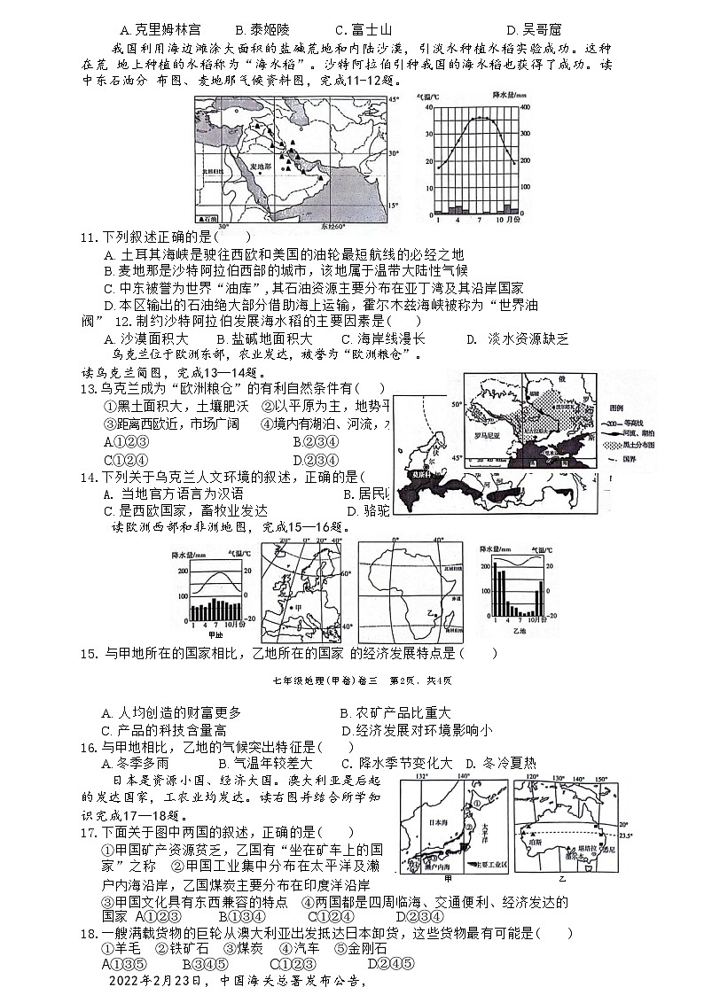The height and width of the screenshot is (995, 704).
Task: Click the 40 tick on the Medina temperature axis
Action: click(x=426, y=107)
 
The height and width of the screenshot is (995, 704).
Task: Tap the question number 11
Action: click(x=87, y=237)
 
